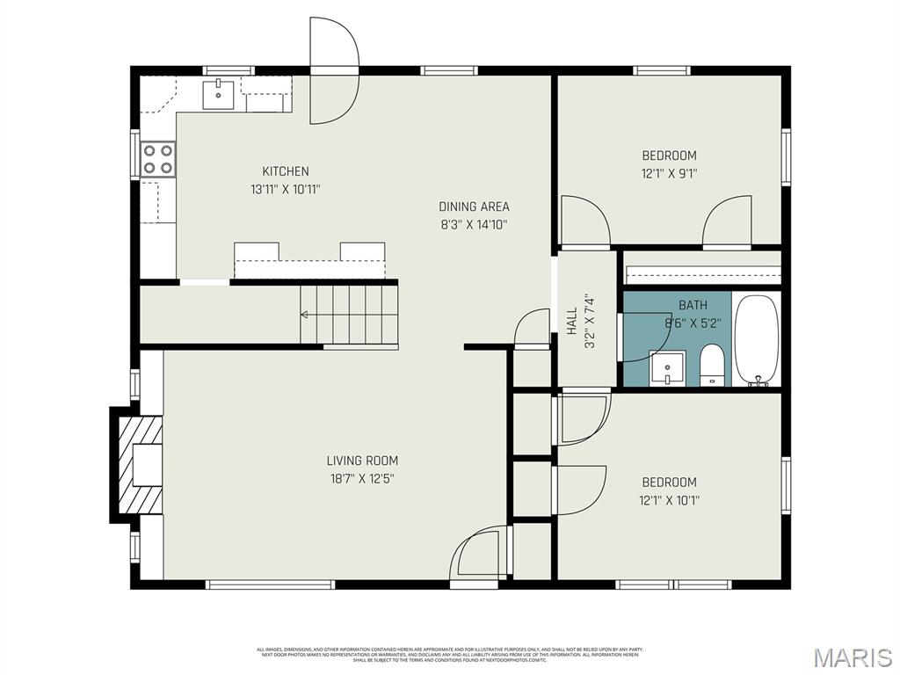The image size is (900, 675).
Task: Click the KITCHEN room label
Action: pos(286,171)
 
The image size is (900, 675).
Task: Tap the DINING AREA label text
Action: pos(474,207)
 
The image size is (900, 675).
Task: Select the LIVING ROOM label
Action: pos(362,461)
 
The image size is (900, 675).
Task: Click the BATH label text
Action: pos(693,305)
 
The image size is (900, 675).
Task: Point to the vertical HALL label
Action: pos(571,321)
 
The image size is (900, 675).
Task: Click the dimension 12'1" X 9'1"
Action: pos(669,174)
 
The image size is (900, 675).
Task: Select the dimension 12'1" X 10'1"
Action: pos(669,500)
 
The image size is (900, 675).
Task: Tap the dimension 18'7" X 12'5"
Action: pos(362,479)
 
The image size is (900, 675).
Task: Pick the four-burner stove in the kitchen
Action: pos(158,159)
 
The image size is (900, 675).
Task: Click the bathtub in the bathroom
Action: pos(756,341)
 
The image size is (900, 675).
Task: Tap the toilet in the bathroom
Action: pos(712,366)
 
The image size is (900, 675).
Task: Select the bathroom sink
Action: pos(667,367)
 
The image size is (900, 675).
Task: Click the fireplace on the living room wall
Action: pos(136,465)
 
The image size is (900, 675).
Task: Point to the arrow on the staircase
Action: pos(305,314)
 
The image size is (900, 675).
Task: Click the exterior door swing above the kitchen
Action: pos(334,70)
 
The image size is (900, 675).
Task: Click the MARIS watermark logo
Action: pos(853,657)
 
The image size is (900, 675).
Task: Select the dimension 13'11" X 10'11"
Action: pos(286,189)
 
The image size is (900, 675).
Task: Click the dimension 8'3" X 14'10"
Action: pos(474,224)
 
